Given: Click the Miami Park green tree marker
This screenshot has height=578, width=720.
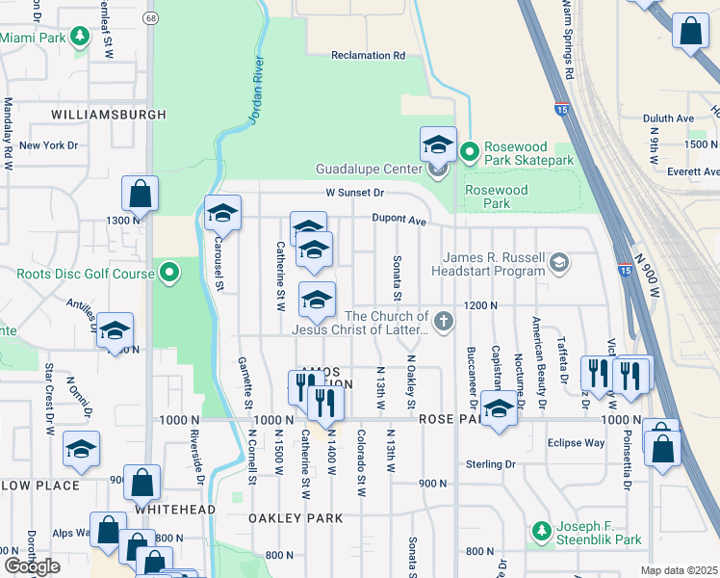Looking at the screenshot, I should (82, 37).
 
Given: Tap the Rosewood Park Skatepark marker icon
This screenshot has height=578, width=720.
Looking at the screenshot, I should (469, 151).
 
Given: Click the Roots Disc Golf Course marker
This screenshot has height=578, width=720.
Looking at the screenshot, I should (169, 274).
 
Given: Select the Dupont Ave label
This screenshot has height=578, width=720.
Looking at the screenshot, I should (399, 221).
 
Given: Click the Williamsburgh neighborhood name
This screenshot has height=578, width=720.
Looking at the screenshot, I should (109, 114).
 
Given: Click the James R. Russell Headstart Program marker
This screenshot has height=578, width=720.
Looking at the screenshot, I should (558, 262).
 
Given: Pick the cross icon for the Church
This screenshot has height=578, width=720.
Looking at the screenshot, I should (443, 321).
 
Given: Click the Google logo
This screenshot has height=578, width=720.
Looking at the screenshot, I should (32, 566).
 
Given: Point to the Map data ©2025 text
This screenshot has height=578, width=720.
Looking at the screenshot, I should (679, 570).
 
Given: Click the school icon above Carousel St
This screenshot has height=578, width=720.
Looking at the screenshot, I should (221, 212).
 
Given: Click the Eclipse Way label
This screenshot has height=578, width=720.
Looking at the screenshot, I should (576, 443).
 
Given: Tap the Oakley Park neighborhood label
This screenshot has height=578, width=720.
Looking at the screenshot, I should (296, 518).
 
